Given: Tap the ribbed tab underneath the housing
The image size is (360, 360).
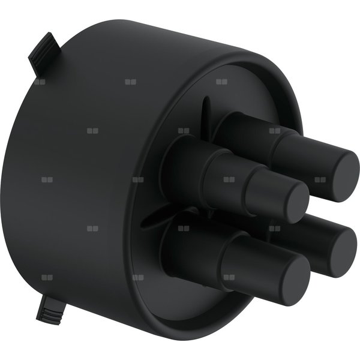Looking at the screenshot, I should pyautogui.click(x=53, y=309).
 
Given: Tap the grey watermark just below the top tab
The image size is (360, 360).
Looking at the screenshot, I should pyautogui.click(x=40, y=82).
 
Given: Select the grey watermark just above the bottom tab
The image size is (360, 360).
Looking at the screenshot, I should pyautogui.click(x=47, y=277).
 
